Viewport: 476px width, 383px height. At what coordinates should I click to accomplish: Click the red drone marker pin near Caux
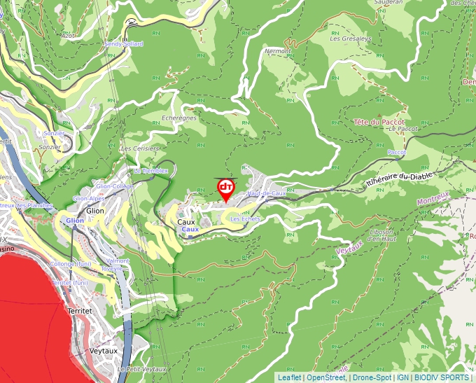[226, 190]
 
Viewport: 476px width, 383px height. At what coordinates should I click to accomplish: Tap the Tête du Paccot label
[380, 122]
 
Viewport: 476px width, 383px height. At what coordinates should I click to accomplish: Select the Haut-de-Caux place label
[266, 193]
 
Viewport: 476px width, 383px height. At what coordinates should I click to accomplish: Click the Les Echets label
[245, 219]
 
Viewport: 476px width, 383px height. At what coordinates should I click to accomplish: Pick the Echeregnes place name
[179, 118]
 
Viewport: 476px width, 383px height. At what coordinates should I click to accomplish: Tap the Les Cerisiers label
[140, 148]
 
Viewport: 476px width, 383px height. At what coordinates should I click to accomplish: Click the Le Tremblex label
[150, 171]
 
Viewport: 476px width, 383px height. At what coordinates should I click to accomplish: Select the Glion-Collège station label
[114, 186]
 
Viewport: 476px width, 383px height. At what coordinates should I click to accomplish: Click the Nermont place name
[278, 51]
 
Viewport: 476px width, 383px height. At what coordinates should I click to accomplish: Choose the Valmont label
[118, 260]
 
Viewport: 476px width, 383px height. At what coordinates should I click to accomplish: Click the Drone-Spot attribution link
[371, 377]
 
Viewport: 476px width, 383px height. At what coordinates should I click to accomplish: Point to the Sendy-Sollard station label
[123, 43]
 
